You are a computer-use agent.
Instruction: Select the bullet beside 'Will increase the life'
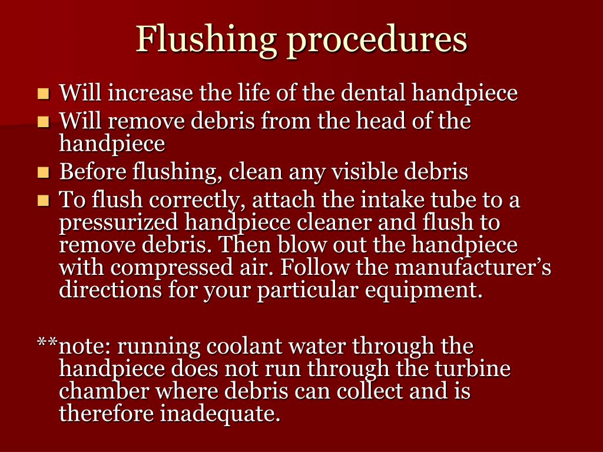43,94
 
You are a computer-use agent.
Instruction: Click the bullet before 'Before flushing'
43,173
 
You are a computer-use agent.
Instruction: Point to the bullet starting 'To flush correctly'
43,200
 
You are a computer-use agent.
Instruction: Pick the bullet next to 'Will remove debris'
43,122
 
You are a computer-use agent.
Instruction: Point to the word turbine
475,369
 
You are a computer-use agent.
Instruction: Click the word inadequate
220,414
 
